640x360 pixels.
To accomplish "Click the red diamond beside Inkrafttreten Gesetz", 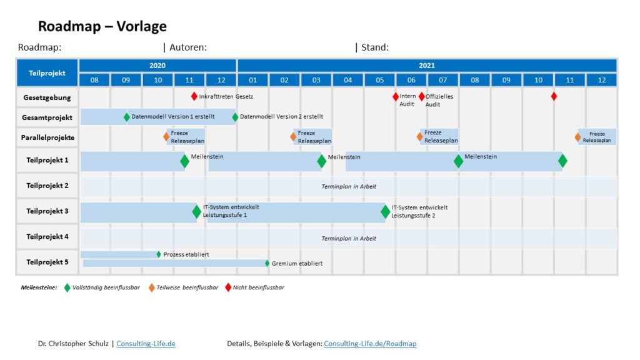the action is (x=194, y=96).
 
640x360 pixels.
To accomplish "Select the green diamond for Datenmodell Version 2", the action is (x=235, y=117).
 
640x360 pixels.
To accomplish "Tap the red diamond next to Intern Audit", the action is (x=396, y=96).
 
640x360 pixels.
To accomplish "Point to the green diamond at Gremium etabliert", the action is (x=267, y=263).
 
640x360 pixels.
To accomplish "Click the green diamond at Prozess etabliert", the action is (x=159, y=254).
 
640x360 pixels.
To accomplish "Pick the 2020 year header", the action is (x=157, y=65).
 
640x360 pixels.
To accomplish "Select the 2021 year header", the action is (x=427, y=65).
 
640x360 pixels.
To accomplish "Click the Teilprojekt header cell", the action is (x=47, y=73).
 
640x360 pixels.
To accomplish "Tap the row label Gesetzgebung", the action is (x=47, y=97).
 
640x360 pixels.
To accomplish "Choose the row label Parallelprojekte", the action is (x=47, y=137).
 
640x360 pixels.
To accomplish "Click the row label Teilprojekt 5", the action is (x=47, y=262).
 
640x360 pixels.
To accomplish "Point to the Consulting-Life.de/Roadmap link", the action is (x=370, y=344).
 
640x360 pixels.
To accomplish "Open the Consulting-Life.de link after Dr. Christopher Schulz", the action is (x=146, y=344).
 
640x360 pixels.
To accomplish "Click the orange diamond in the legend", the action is (x=151, y=287).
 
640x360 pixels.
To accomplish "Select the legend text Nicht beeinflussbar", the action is (x=258, y=287).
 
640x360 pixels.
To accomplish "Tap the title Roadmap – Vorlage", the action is (x=102, y=26).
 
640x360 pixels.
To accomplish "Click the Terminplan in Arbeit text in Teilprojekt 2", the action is (x=349, y=186).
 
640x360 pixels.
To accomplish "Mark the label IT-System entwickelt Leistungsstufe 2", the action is (x=419, y=211).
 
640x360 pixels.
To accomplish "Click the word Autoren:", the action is (x=188, y=47).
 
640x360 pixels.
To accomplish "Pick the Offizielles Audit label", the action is (x=439, y=101).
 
